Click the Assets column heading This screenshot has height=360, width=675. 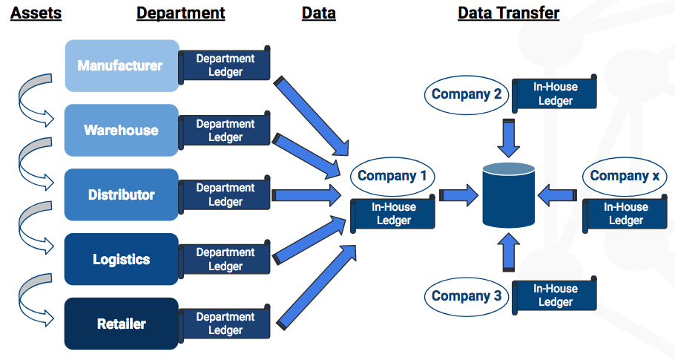36,13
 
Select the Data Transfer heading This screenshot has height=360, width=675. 508,13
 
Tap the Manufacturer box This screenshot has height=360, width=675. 122,65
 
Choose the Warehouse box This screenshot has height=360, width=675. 122,130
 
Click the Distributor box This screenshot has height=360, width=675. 122,194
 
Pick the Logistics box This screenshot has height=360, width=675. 122,259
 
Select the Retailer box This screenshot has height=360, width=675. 122,324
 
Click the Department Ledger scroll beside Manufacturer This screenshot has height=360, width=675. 224,65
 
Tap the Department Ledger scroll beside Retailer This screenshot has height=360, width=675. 224,324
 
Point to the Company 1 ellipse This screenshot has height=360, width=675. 392,176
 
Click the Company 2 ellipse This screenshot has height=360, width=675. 467,95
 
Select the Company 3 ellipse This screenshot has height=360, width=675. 467,296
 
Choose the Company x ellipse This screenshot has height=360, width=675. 625,176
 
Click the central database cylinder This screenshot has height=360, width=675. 508,194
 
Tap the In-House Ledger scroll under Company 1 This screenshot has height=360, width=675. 392,214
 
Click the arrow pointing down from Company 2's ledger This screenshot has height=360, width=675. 508,138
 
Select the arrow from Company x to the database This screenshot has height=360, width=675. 557,195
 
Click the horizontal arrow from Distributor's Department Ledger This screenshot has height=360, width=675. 306,195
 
